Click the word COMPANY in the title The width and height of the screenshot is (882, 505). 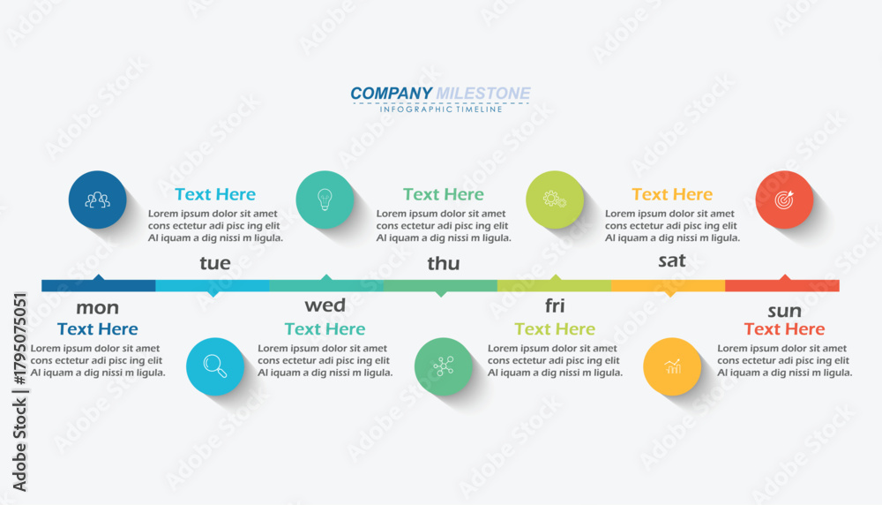tap(391, 93)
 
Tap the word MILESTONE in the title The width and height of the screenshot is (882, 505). tap(483, 93)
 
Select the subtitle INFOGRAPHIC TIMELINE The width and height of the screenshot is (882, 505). tap(441, 109)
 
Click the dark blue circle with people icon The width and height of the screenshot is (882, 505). tap(97, 200)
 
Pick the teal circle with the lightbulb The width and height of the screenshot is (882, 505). tap(325, 200)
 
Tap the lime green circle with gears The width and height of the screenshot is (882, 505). tap(555, 200)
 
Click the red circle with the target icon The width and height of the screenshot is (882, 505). tap(784, 200)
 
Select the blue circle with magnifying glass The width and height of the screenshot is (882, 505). tap(215, 366)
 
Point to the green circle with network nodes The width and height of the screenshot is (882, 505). tap(444, 366)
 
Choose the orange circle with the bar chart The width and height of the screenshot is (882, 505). tap(672, 366)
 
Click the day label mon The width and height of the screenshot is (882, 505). tap(97, 307)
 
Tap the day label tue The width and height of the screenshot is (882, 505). tap(215, 263)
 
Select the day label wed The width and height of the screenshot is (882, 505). tap(325, 305)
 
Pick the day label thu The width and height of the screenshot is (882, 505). tap(444, 263)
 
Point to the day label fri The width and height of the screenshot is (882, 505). tap(555, 305)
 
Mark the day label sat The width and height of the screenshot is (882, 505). tap(672, 260)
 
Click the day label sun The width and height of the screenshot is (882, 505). tap(785, 311)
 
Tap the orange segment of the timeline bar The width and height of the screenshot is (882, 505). tap(669, 285)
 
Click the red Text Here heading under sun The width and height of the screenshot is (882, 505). tap(785, 328)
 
